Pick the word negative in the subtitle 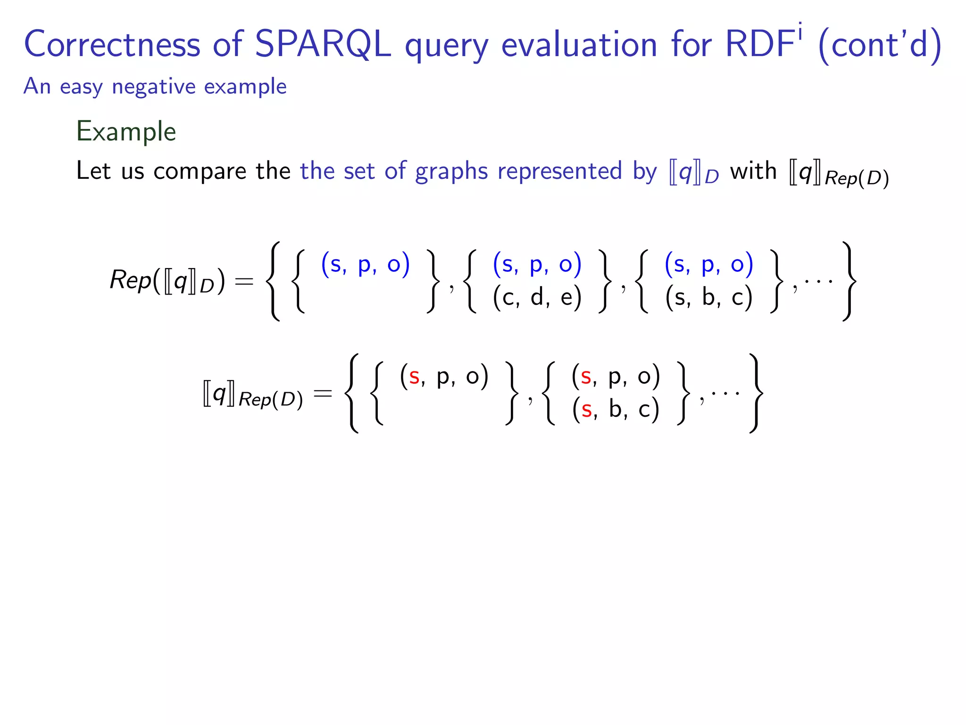153,87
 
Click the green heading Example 126,131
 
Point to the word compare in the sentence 200,171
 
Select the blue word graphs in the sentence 451,171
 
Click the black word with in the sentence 753,170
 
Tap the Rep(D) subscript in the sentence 857,178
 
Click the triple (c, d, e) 537,298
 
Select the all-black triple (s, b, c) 708,298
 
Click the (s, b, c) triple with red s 616,409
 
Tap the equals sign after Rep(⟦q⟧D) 244,282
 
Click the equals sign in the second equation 323,393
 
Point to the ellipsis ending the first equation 818,282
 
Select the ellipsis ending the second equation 725,393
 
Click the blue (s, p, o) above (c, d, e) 537,264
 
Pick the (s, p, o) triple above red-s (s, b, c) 616,377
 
